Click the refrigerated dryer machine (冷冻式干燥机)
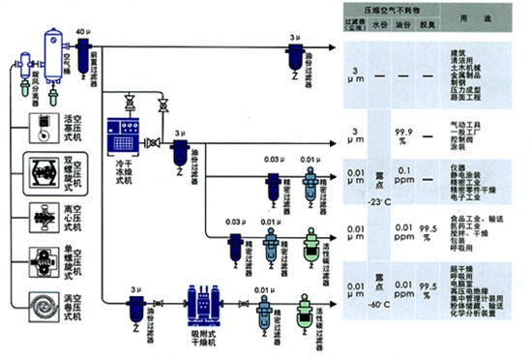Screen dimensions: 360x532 [128, 135]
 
